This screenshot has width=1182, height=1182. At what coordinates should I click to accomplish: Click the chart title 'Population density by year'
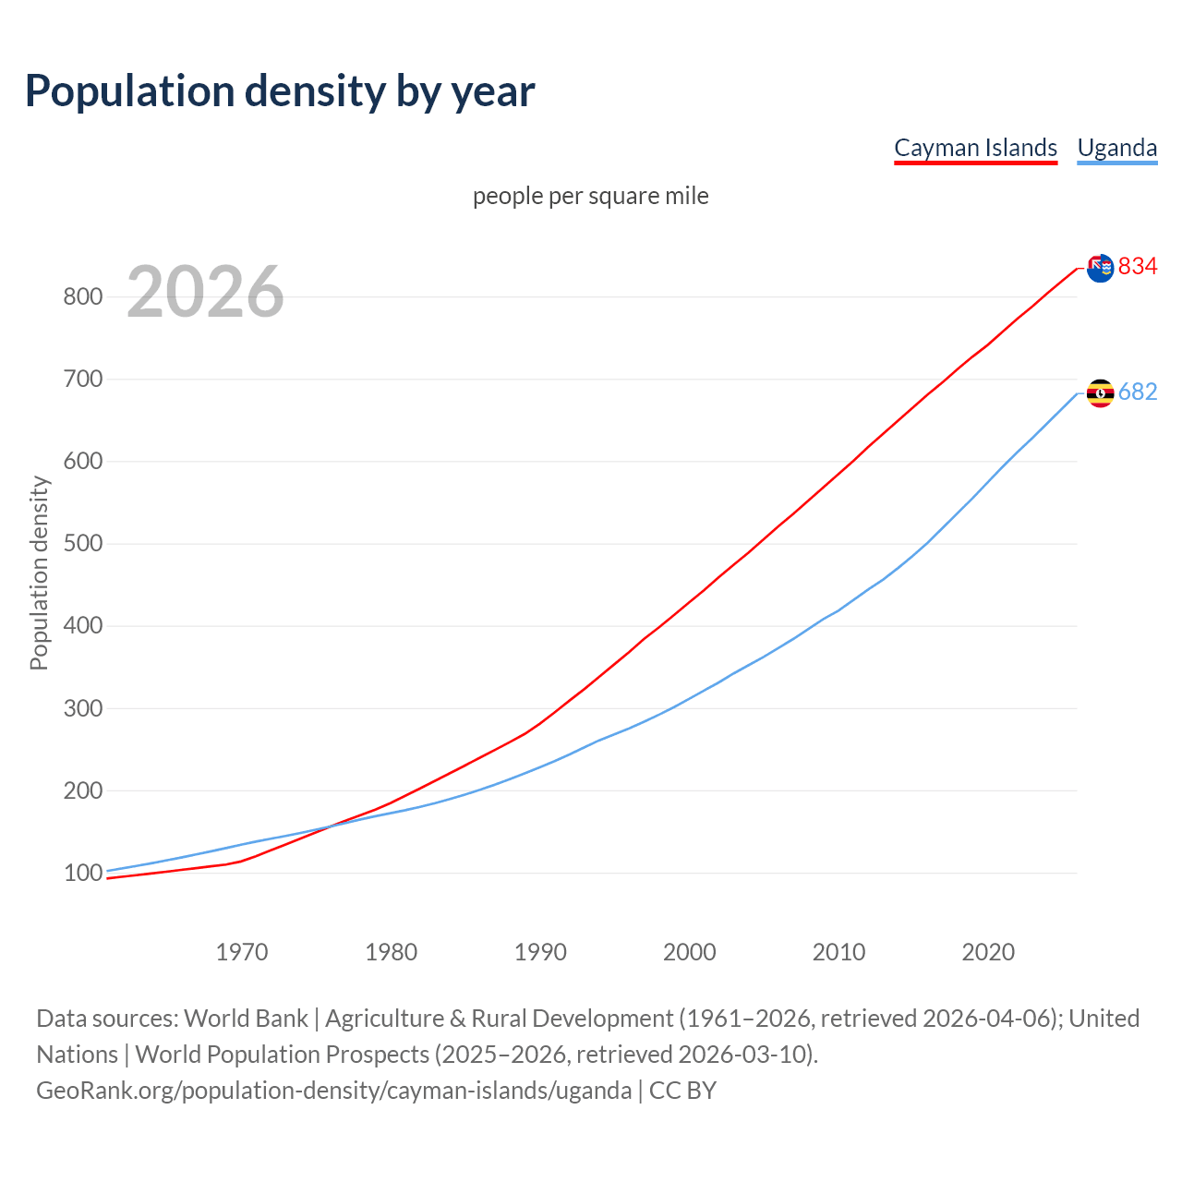tap(280, 90)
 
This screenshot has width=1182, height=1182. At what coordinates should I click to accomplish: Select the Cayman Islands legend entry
tap(975, 148)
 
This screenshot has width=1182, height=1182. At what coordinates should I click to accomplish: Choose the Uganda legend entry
tap(1116, 148)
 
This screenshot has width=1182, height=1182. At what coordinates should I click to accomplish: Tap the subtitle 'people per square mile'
tap(590, 196)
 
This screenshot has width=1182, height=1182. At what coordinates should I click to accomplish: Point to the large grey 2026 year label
tap(205, 292)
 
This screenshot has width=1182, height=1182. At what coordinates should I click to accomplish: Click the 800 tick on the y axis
tap(82, 296)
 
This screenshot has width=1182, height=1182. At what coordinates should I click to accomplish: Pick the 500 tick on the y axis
tap(82, 543)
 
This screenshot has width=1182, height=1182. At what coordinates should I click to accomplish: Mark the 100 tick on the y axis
tap(82, 873)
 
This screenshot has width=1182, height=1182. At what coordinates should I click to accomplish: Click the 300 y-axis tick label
tap(82, 708)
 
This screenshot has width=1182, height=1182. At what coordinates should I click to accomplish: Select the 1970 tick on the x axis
tap(242, 952)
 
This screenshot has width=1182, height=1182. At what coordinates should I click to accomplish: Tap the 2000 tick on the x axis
tap(689, 952)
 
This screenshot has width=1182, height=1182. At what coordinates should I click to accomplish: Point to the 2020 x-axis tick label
tap(988, 952)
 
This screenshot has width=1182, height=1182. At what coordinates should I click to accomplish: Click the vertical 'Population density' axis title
tap(39, 573)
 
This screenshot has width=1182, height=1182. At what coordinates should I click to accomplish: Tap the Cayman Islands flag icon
tap(1100, 268)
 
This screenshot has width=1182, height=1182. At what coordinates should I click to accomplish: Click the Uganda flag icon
tap(1100, 393)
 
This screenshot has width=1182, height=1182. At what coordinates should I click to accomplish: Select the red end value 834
tap(1138, 266)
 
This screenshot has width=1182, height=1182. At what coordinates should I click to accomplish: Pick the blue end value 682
tap(1138, 392)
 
